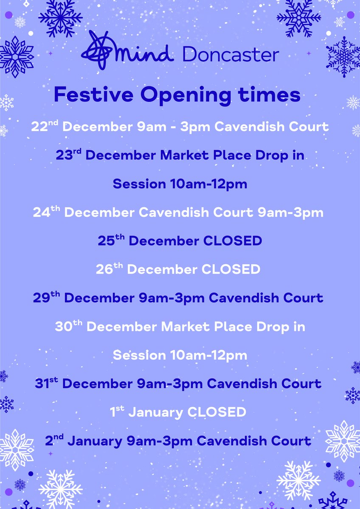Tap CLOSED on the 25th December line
point(233,241)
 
